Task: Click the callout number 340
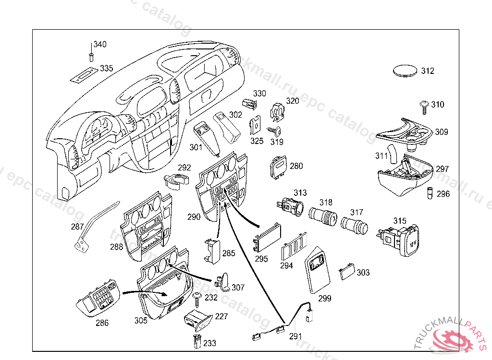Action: (100, 45)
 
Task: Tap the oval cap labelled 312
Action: (405, 71)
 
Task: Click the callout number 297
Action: (442, 169)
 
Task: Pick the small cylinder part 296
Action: (430, 193)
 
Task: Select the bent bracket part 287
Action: (91, 228)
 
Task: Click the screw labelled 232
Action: (197, 300)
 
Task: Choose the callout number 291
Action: (295, 336)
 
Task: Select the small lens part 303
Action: (346, 273)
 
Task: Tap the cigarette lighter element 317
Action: (354, 225)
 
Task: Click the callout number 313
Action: (300, 193)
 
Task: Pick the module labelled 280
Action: (279, 167)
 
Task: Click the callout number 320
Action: (293, 101)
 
